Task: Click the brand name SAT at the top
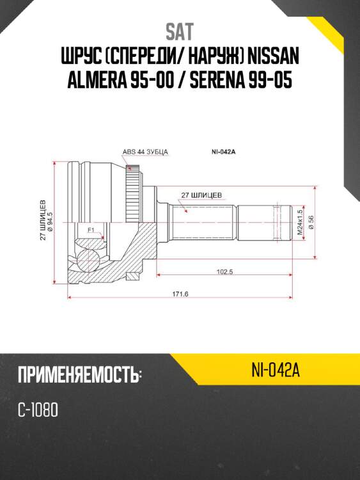click(x=180, y=31)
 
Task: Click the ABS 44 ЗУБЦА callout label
click(x=145, y=152)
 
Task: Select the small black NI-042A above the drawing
click(x=224, y=152)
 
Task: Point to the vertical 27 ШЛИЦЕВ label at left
click(x=43, y=220)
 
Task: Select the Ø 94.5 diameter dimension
click(x=50, y=220)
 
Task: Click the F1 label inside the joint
click(x=91, y=229)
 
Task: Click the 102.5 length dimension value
click(x=224, y=272)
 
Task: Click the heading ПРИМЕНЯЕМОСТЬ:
click(x=79, y=375)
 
